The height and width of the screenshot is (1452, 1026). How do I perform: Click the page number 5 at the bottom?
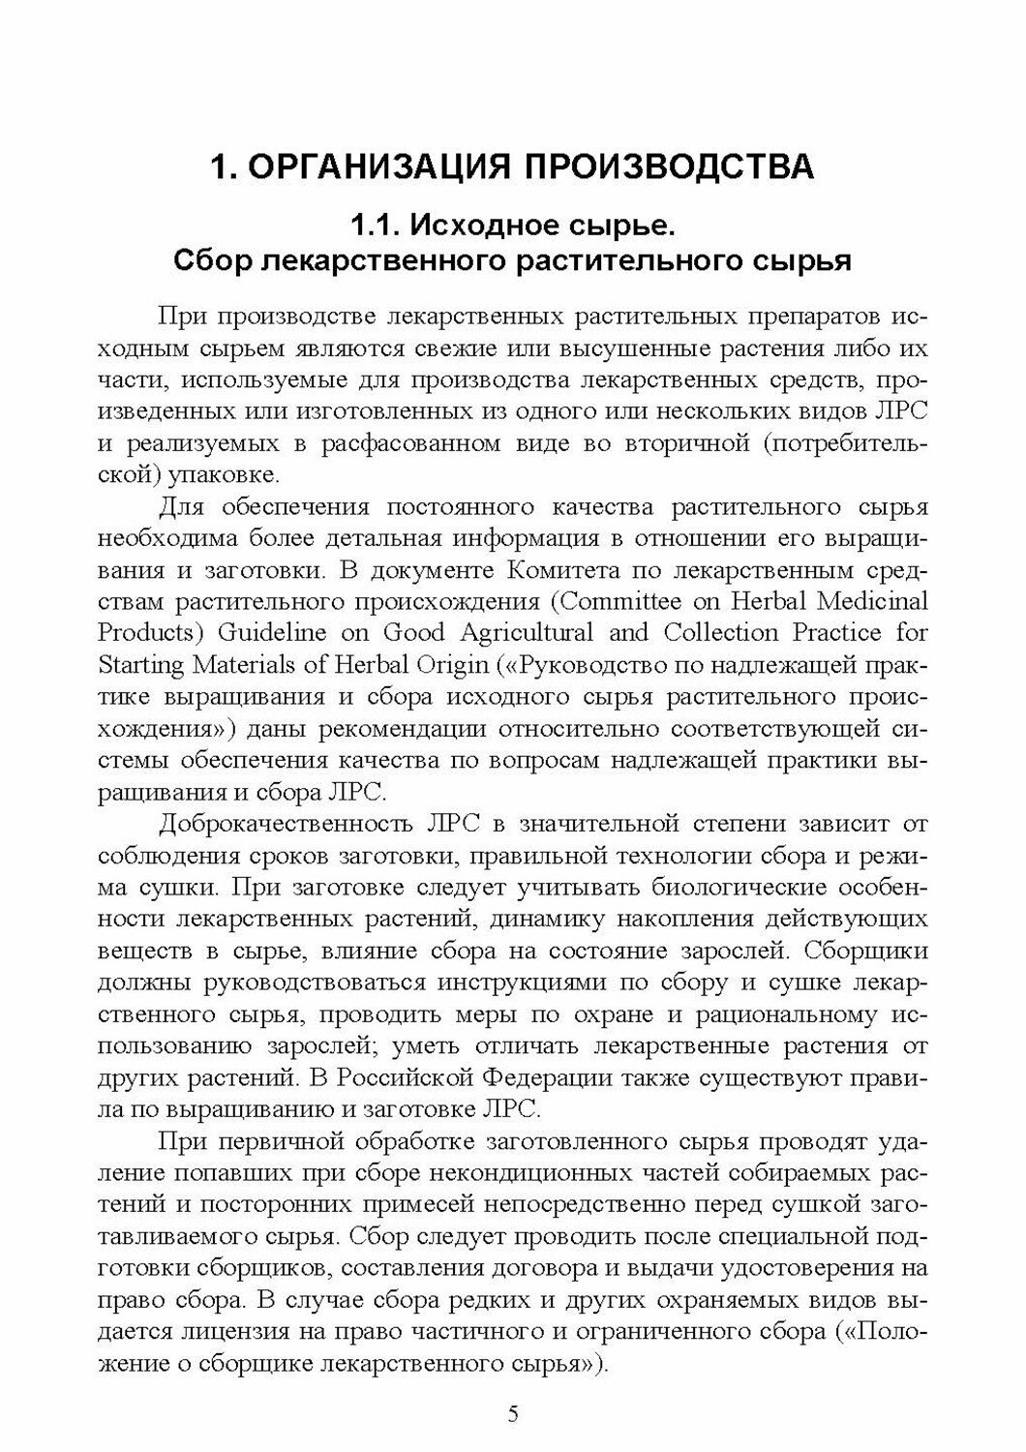tap(513, 1414)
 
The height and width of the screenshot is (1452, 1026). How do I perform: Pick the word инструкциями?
tap(527, 982)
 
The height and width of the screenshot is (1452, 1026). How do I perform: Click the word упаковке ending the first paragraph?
tap(220, 476)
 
